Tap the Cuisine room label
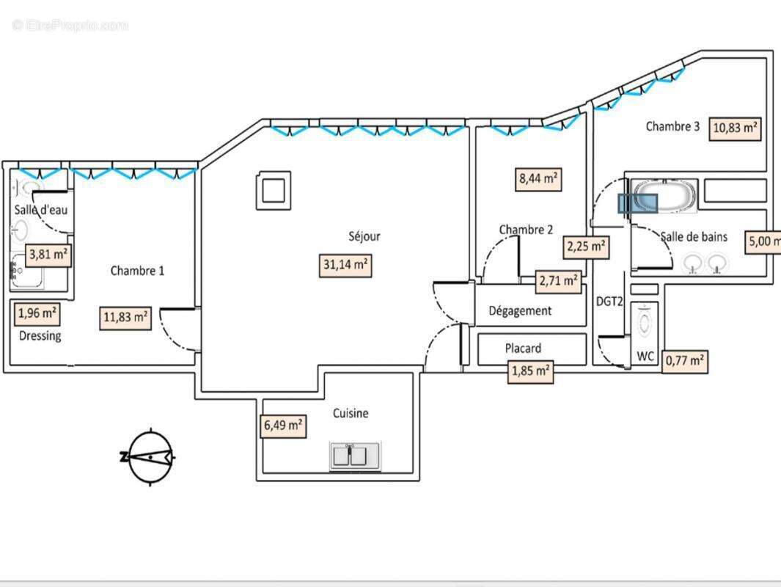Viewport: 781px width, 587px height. [x=351, y=413]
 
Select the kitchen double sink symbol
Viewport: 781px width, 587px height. [x=356, y=456]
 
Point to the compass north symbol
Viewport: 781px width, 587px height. [x=150, y=456]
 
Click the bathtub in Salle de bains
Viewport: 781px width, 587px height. [x=664, y=197]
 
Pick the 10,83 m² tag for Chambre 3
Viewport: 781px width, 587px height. [x=735, y=128]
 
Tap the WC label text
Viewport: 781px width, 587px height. [x=645, y=357]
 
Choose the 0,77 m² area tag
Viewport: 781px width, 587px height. [x=685, y=361]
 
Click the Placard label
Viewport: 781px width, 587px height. [x=523, y=348]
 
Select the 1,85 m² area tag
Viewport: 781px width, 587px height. [x=531, y=371]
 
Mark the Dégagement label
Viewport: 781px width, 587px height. [x=520, y=310]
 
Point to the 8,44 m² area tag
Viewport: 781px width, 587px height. [x=540, y=178]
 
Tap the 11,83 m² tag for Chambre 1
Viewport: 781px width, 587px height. [x=125, y=318]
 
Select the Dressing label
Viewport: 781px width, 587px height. [x=40, y=335]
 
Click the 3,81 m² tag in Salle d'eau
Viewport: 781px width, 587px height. [x=48, y=255]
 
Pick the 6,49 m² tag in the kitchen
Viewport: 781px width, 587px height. [x=283, y=425]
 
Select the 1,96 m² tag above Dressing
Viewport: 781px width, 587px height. [x=37, y=313]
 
